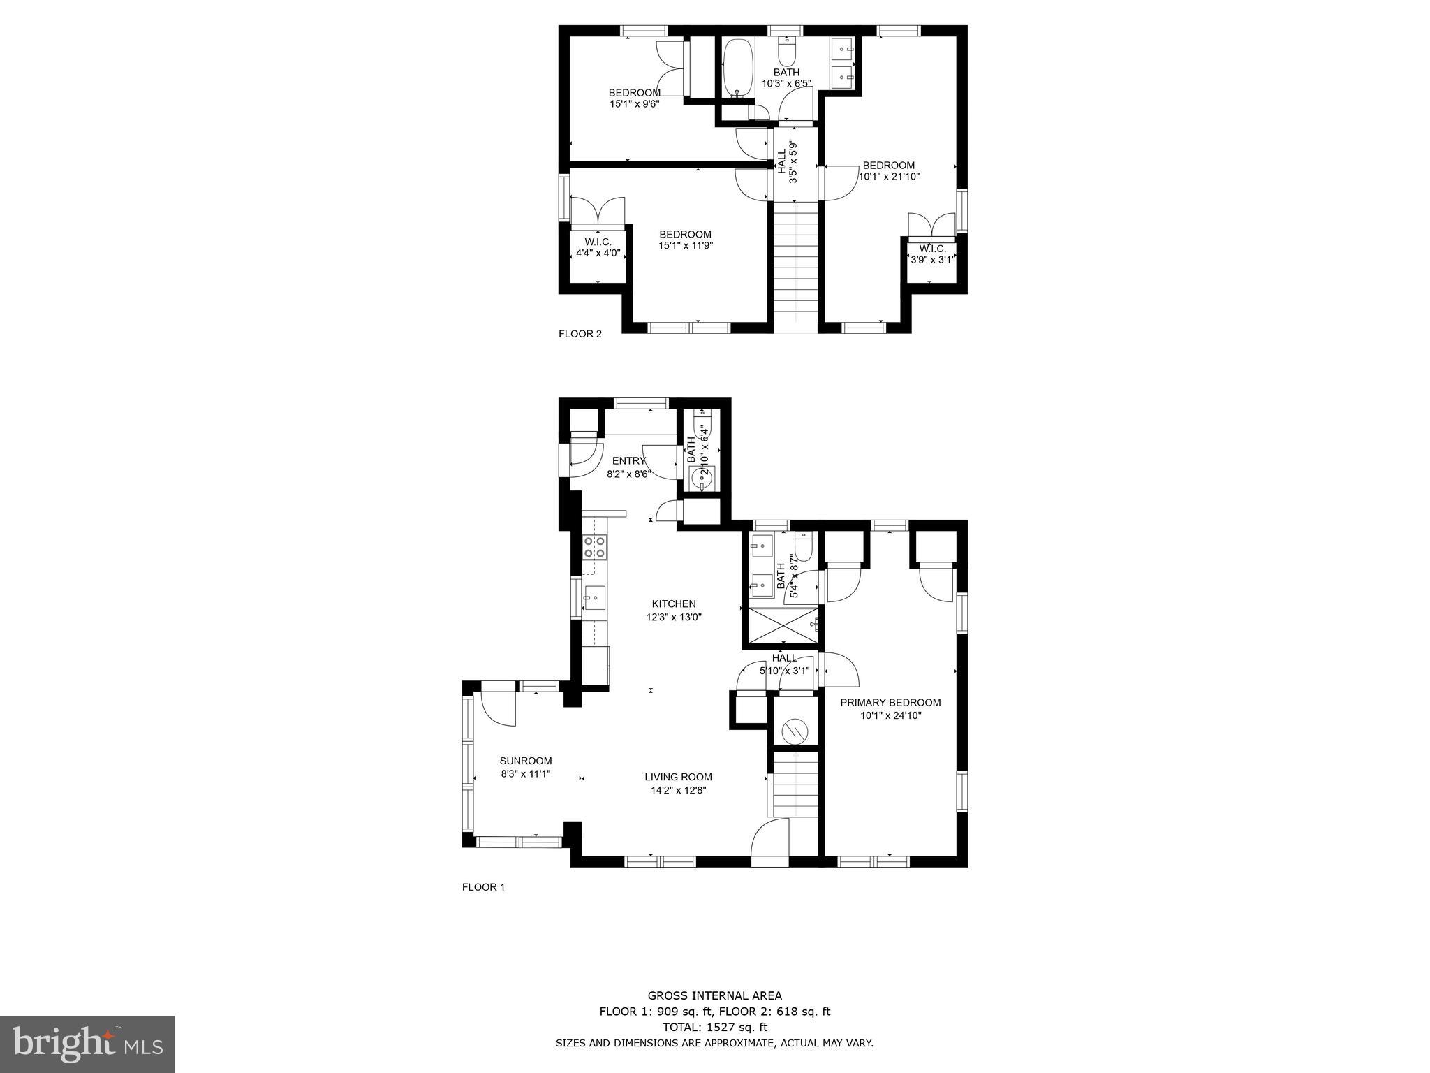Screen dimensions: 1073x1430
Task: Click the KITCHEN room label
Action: [x=674, y=604]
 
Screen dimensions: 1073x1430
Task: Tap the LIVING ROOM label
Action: [x=678, y=777]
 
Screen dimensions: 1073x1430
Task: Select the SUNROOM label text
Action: [x=526, y=761]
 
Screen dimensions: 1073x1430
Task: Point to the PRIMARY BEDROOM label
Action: [x=890, y=703]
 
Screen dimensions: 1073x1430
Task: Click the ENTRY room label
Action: [x=628, y=461]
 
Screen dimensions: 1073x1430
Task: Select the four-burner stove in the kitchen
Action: [x=594, y=546]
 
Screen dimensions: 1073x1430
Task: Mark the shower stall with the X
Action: [x=782, y=625]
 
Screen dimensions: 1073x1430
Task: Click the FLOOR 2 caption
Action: [x=580, y=334]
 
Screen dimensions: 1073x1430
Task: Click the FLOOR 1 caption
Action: [x=483, y=887]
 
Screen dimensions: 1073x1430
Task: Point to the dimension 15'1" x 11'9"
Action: [x=686, y=246]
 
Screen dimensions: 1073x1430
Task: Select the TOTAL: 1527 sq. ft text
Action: [x=714, y=1027]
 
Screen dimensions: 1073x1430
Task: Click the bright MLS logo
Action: [x=87, y=1044]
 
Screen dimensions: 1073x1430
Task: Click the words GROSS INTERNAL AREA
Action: [x=714, y=996]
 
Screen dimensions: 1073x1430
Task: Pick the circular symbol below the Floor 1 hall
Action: [x=795, y=731]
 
